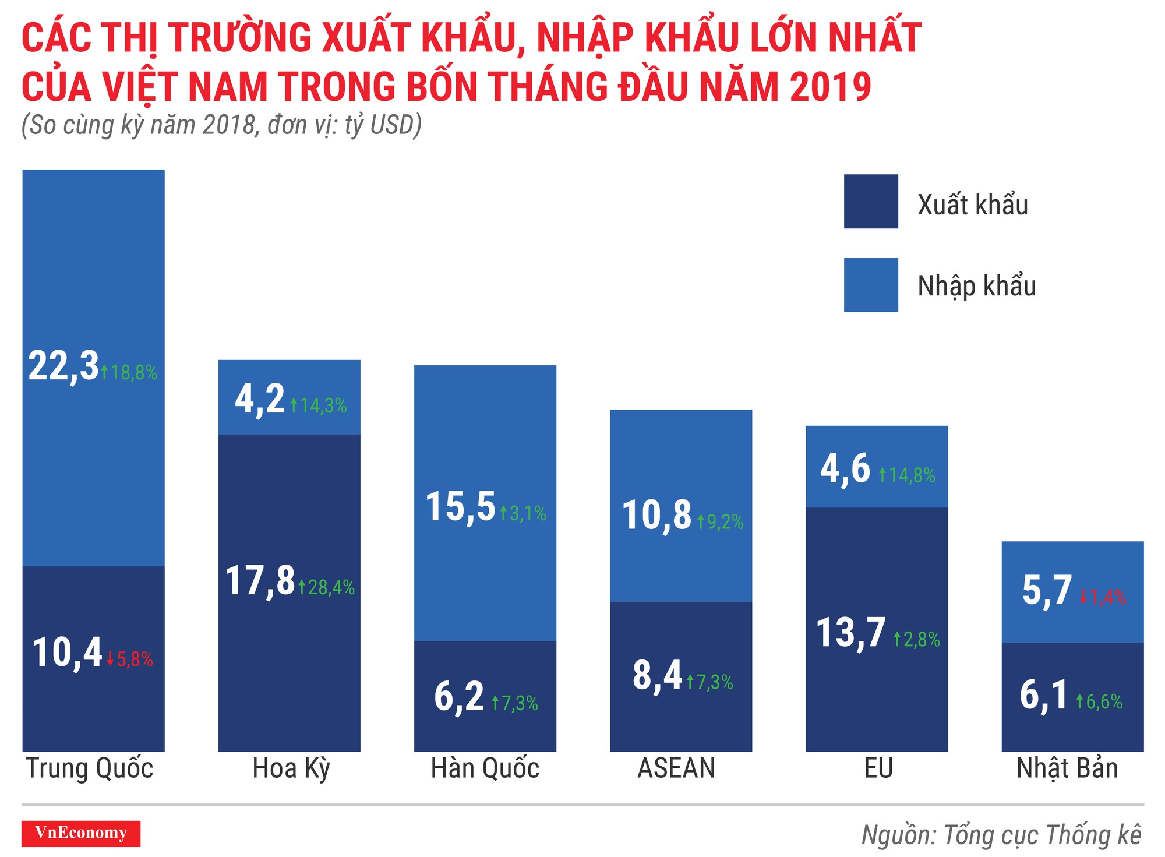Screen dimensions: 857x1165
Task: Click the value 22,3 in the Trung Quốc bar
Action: coord(63,367)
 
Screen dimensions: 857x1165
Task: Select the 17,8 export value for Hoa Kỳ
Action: coord(260,581)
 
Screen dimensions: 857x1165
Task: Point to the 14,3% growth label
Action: coord(319,405)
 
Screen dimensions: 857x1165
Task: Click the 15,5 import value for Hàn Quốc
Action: coord(461,507)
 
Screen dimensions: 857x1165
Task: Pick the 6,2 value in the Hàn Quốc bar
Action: coord(459,697)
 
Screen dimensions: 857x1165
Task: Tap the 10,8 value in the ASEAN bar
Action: coord(657,516)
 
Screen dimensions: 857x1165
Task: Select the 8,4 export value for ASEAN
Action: coord(657,676)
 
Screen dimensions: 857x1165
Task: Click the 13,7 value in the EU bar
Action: coord(851,633)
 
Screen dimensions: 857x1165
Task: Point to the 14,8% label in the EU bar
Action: coord(907,475)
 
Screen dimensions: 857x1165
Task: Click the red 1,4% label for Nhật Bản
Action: coord(1103,597)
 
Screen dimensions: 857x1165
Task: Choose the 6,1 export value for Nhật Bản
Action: coord(1044,696)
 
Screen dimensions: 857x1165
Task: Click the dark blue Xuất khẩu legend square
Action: coord(871,202)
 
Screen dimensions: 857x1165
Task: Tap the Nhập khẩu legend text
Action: coord(977,286)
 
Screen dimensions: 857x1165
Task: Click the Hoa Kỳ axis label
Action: coord(291,769)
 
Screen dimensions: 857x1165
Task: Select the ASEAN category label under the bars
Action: coord(676,769)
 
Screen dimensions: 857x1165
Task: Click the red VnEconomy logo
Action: coord(81,833)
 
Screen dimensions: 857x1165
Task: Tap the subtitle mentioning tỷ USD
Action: coord(221,125)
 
